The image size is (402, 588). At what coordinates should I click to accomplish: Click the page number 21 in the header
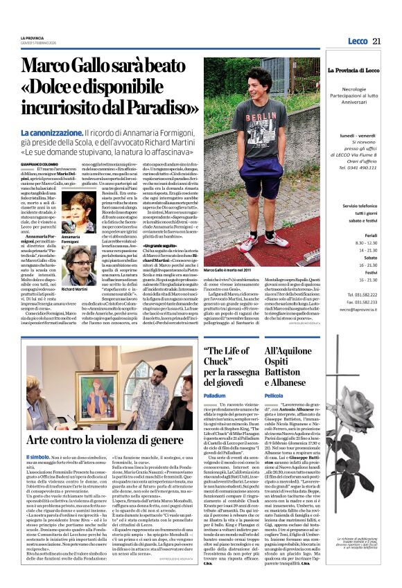pyautogui.click(x=376, y=41)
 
